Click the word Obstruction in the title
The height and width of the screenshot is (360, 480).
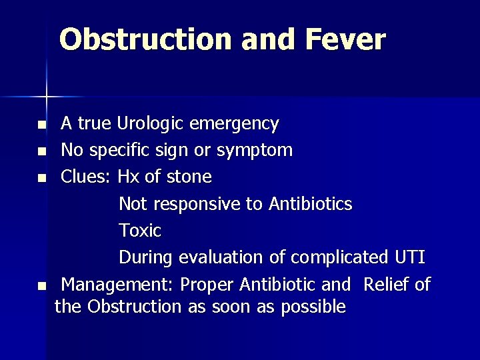coord(147,39)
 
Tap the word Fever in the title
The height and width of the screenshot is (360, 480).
coord(345,39)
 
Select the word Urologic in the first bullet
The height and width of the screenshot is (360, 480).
coord(151,124)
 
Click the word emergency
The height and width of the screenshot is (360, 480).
coord(234,124)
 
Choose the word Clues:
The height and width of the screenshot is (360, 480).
coord(87,177)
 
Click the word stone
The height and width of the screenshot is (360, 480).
coord(189,177)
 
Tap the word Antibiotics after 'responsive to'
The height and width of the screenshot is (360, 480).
coord(310,204)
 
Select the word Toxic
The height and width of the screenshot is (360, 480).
coord(140,231)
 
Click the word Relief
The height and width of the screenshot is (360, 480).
coord(387,285)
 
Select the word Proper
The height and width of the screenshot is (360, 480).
coord(207,285)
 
